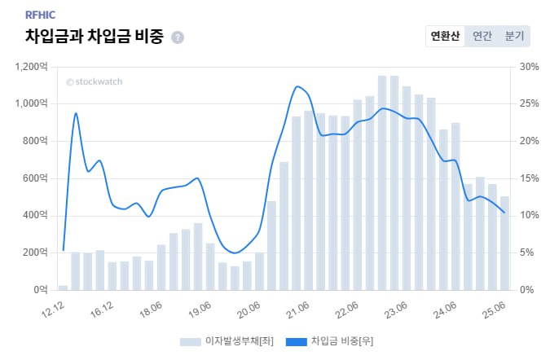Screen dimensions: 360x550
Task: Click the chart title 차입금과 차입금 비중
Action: [x=95, y=37]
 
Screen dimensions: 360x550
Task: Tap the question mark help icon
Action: [x=178, y=37]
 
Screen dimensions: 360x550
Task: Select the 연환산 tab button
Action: [x=446, y=37]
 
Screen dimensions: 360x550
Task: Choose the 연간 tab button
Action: [x=482, y=37]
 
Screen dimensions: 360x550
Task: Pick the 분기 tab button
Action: [x=514, y=37]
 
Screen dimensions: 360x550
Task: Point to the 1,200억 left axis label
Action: [x=31, y=67]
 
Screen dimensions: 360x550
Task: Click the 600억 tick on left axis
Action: [x=35, y=178]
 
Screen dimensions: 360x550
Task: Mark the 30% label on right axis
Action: [x=529, y=67]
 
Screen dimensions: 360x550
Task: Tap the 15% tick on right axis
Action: [x=529, y=178]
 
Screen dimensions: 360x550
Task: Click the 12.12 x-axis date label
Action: [x=53, y=310]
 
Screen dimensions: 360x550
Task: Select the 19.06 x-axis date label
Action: [x=200, y=310]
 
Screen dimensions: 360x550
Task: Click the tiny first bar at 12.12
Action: [x=63, y=287]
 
